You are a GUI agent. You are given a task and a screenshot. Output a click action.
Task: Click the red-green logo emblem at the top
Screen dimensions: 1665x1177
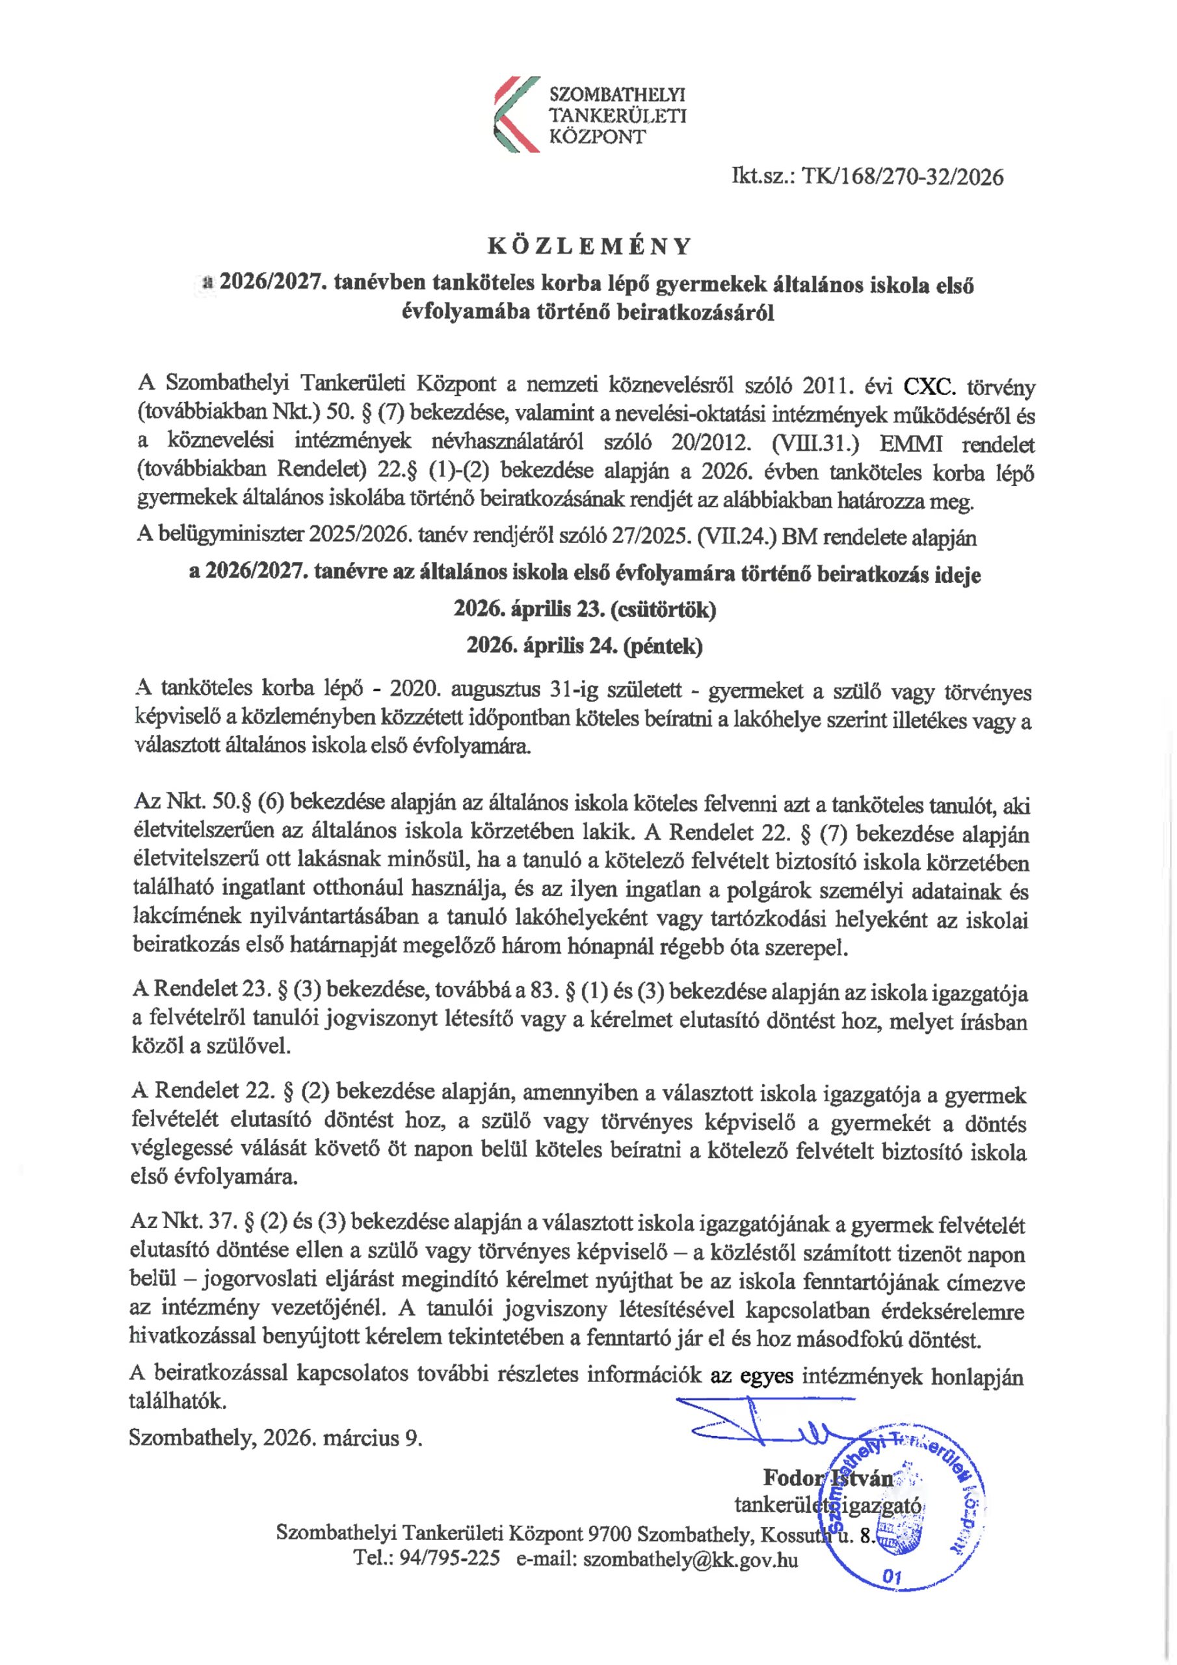pos(516,114)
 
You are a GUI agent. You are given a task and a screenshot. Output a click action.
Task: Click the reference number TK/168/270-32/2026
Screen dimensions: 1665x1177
pos(902,177)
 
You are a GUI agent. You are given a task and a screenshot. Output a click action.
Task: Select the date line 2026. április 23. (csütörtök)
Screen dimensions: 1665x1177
pos(585,609)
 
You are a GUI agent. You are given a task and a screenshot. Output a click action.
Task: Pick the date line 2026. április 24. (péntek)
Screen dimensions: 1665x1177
pos(585,645)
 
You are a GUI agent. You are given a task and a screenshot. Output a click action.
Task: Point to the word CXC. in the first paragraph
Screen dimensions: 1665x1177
pos(930,386)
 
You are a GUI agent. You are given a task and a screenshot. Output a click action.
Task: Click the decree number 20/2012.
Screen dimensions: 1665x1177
pos(711,442)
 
